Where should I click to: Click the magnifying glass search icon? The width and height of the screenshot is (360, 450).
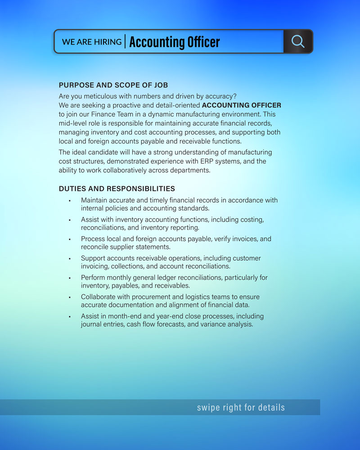point(298,41)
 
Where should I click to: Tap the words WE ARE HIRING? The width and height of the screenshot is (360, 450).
point(92,42)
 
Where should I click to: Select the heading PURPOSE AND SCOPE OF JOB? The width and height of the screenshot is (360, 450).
point(113,85)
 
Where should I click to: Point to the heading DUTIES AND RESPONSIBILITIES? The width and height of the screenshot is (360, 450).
point(117,189)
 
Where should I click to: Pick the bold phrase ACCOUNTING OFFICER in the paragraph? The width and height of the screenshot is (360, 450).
point(242,105)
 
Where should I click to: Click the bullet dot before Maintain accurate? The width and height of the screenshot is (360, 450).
point(70,201)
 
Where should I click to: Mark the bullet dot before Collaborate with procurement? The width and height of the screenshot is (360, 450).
point(70,297)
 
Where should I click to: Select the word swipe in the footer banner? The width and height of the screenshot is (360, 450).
point(207,408)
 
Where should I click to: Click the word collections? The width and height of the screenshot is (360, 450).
point(126,266)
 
